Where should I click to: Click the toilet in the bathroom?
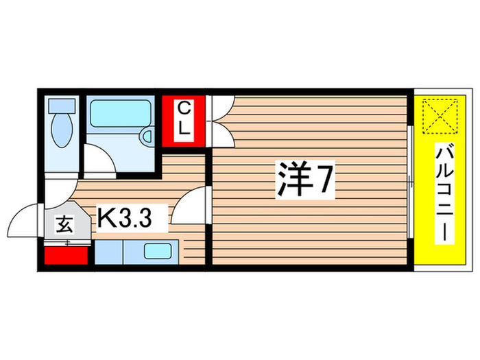[62, 126]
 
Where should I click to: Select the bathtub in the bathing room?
[120, 114]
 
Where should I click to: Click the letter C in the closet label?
[184, 108]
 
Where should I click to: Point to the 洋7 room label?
[304, 180]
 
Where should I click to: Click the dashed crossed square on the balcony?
[438, 117]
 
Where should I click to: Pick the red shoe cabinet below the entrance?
[67, 255]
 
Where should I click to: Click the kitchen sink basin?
[159, 251]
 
